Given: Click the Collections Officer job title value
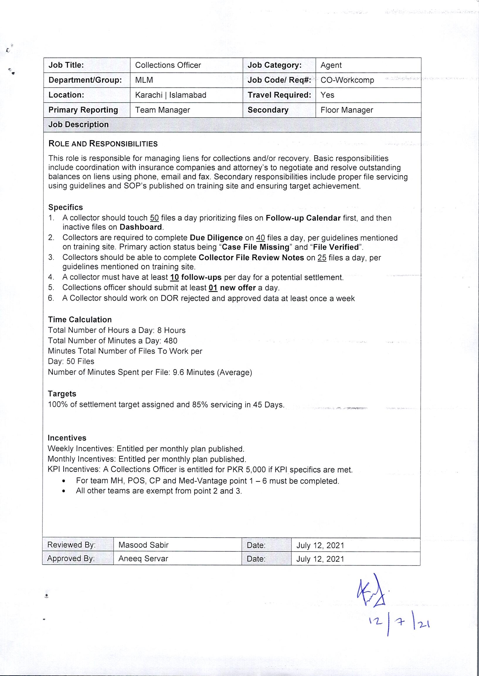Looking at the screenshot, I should (168, 65).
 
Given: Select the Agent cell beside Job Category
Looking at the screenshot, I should (331, 65).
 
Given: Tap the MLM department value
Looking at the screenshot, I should (144, 80).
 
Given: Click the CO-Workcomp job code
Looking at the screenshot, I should (347, 80).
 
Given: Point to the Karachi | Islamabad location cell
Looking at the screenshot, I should (171, 95).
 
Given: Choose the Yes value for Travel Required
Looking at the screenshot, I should (327, 95).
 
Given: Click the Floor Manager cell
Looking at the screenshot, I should (346, 110).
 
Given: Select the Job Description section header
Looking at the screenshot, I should (79, 125).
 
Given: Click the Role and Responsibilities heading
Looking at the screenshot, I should (103, 144).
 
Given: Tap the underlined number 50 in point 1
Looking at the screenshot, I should (154, 218).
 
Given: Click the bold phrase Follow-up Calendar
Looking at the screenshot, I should (303, 218).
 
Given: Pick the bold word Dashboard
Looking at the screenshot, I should (141, 227).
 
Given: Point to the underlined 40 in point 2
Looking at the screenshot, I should (260, 238).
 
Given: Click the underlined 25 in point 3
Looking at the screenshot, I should (322, 258).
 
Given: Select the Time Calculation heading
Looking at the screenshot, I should (80, 320).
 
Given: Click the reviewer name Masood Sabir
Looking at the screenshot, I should (143, 545).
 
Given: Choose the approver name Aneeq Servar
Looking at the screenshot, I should (143, 559).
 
